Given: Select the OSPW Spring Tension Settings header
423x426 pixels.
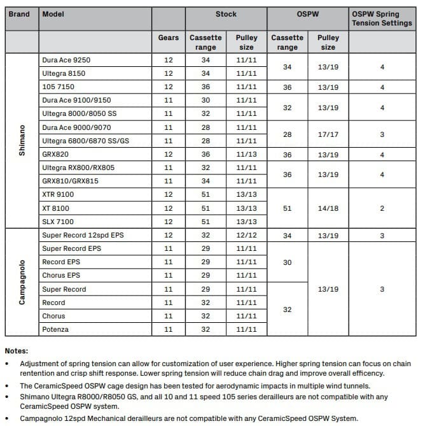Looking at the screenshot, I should [x=382, y=18].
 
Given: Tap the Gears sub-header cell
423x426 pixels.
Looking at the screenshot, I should [x=169, y=38].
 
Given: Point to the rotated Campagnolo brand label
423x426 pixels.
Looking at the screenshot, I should [x=22, y=282].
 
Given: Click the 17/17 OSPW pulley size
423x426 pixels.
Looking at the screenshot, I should [x=328, y=134].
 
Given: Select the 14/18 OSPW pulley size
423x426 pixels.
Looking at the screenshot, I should [x=328, y=208].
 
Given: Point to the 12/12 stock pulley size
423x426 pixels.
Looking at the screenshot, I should [x=246, y=235].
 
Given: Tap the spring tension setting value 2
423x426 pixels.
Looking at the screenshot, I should [x=382, y=208].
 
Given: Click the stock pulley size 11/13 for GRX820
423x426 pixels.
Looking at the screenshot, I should [x=246, y=154].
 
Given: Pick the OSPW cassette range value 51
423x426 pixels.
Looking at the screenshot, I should [x=288, y=208].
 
